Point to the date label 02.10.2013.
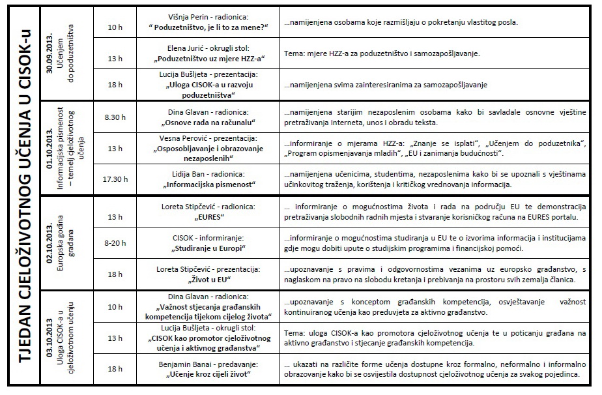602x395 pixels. pyautogui.click(x=50, y=242)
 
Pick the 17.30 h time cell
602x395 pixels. pyautogui.click(x=115, y=179)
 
